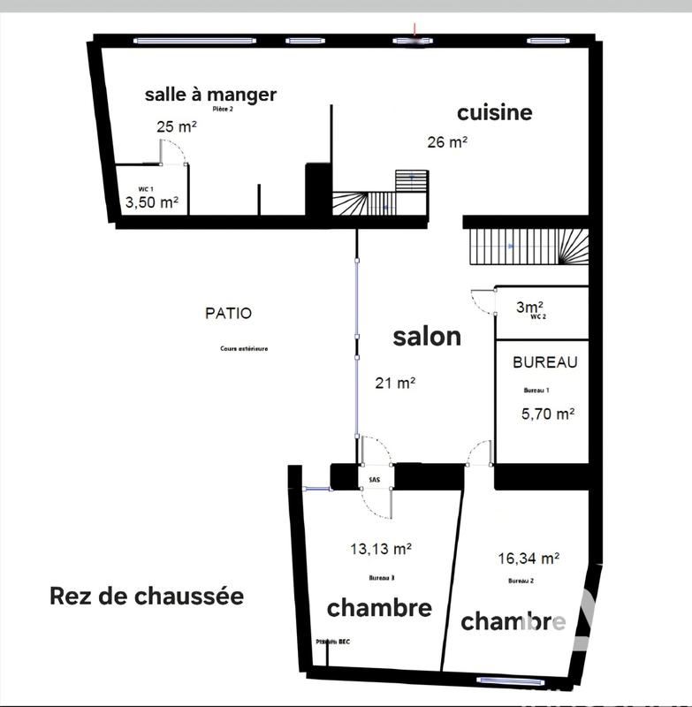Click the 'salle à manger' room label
click(x=210, y=95)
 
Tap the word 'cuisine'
click(x=494, y=112)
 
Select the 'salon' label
click(x=427, y=337)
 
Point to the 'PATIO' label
click(x=228, y=313)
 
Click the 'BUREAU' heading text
click(x=544, y=362)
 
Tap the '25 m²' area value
click(x=176, y=126)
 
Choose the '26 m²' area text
click(x=447, y=141)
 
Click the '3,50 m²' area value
click(x=153, y=202)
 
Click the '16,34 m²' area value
click(x=528, y=559)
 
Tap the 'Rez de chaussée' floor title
click(x=147, y=597)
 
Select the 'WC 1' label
click(x=146, y=189)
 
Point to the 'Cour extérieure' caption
click(x=244, y=348)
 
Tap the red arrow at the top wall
click(x=416, y=34)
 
